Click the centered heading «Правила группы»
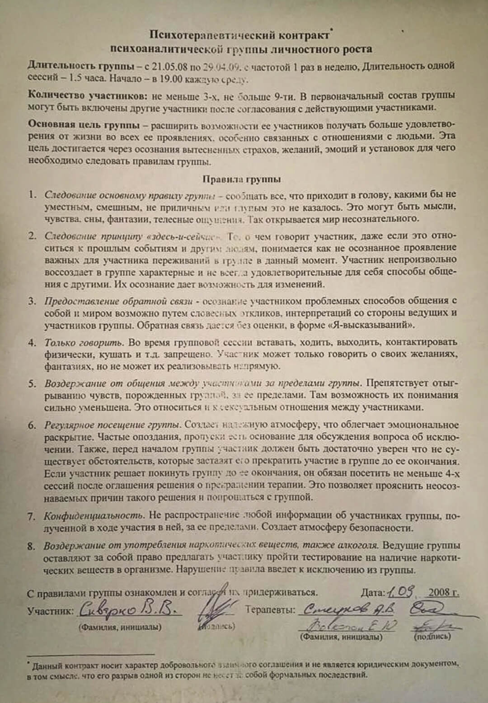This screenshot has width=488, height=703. coord(242,179)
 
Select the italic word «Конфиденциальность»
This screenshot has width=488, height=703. coord(94,515)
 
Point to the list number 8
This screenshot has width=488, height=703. coord(31,546)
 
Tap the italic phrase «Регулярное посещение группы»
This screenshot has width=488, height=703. coord(112,425)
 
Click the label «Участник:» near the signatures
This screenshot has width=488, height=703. coord(50,612)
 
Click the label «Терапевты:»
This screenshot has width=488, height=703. coord(270,610)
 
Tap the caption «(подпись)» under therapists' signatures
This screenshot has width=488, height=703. coord(432,637)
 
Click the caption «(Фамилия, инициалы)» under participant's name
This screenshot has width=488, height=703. coord(120,627)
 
